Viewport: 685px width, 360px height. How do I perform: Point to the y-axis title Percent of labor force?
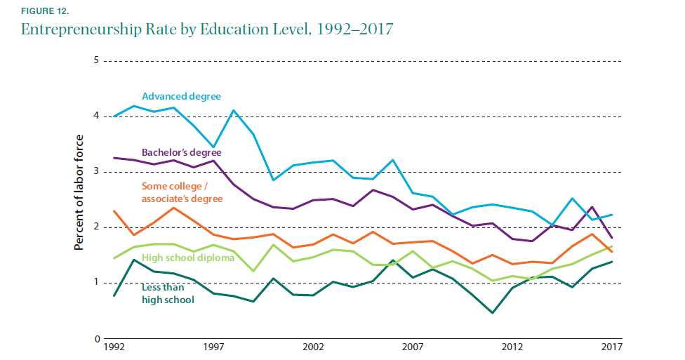(x=79, y=192)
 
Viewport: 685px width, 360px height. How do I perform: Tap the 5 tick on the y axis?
(x=95, y=61)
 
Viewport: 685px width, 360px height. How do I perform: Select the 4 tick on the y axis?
(x=95, y=116)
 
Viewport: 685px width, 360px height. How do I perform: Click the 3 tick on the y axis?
(x=95, y=172)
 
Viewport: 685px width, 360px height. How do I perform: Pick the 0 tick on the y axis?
(x=95, y=339)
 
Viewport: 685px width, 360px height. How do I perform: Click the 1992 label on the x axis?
(x=114, y=347)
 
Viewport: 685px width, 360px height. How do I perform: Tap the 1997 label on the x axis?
(x=213, y=347)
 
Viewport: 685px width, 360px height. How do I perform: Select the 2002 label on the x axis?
(x=313, y=347)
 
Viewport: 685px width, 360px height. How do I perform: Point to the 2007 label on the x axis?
(x=413, y=347)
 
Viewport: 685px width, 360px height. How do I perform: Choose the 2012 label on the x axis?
(x=512, y=347)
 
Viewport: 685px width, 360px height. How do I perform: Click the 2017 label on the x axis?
(x=611, y=347)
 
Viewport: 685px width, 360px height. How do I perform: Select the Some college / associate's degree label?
(x=182, y=192)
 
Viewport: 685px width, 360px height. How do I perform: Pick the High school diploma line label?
(x=184, y=258)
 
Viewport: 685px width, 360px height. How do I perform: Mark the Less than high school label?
(x=167, y=293)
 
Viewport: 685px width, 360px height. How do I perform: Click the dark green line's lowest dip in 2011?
(x=492, y=313)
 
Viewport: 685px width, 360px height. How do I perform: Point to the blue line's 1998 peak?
(x=233, y=110)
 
